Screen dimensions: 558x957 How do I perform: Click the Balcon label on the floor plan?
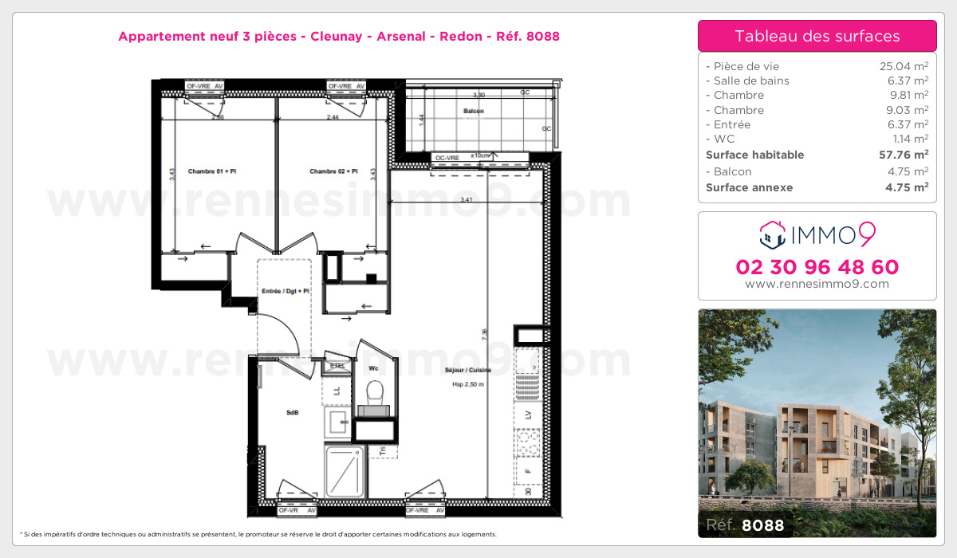coord(473,111)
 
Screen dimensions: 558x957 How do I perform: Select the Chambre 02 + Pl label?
coord(333,171)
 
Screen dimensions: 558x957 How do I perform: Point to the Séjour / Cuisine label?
coord(468,371)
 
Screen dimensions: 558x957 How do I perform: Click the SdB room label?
coord(292,413)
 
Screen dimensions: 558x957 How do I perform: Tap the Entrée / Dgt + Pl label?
coord(286,292)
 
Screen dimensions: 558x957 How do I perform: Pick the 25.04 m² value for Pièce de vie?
coord(904,66)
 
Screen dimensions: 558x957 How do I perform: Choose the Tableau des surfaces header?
coord(817,36)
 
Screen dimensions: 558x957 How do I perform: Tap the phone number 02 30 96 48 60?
coord(817,267)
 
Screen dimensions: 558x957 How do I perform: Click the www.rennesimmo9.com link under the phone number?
coord(817,284)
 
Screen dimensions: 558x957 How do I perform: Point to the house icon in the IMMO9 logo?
coord(770,234)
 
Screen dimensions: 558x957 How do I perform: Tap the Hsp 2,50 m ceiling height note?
coord(468,384)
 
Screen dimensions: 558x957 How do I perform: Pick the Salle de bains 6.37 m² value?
coord(904,81)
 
